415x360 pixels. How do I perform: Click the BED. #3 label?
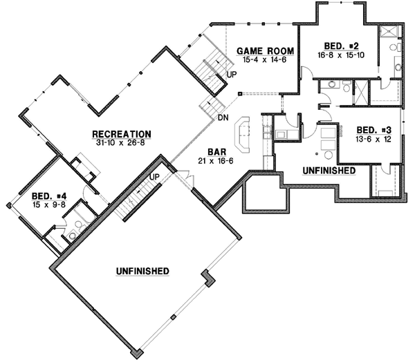pyautogui.click(x=373, y=130)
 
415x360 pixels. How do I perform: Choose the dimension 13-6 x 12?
pyautogui.click(x=373, y=139)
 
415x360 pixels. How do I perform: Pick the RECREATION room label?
pyautogui.click(x=122, y=133)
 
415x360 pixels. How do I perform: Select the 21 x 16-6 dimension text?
pyautogui.click(x=212, y=160)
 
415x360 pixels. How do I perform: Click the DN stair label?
pyautogui.click(x=223, y=117)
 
